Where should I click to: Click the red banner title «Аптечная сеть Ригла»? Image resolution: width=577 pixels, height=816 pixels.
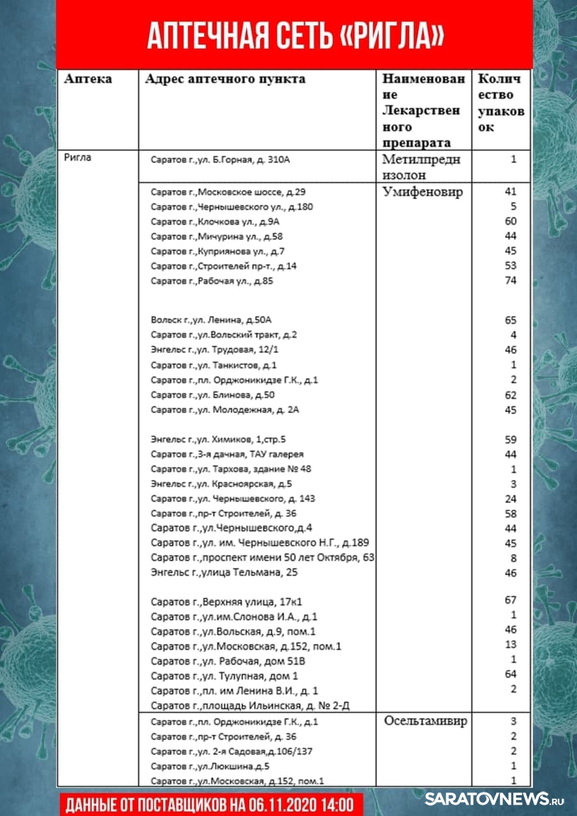point(295,36)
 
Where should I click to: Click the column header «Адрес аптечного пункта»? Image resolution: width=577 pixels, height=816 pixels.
point(225,79)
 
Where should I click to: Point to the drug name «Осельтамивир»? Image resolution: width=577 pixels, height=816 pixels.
point(425,721)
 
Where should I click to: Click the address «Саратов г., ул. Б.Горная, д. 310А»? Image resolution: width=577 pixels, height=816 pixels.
point(220,159)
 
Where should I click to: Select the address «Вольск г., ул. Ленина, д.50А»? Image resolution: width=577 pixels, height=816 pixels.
point(215,320)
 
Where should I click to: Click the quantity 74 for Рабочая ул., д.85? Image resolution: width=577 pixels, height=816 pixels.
point(510,280)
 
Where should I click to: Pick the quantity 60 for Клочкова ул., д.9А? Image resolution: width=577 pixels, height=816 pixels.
point(510,221)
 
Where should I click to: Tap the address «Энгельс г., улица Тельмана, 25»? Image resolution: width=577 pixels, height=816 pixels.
point(224,572)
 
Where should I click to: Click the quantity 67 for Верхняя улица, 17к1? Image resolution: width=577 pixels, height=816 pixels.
point(510,600)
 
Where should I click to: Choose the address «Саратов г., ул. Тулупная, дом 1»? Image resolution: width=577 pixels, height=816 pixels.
point(224,676)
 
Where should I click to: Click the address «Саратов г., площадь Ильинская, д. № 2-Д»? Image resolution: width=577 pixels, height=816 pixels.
point(251,705)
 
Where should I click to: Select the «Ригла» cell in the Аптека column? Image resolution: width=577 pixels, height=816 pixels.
point(78,157)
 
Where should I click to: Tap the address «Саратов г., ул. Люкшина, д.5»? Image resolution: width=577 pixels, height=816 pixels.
point(210,766)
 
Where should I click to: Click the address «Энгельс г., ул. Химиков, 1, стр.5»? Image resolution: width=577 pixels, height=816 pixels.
point(219,440)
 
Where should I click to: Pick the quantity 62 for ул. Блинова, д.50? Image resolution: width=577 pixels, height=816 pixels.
point(510,395)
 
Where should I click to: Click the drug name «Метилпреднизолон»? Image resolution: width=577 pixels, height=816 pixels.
point(420,167)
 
